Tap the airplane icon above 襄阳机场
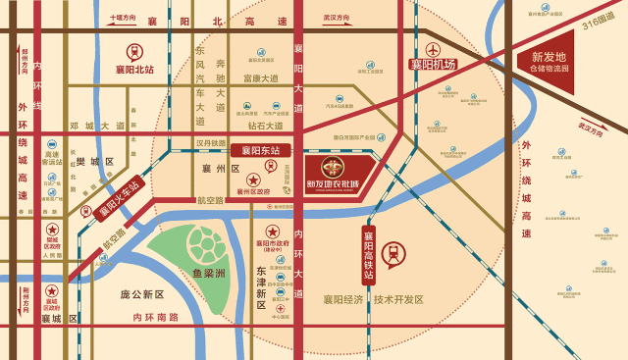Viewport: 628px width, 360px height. tap(433, 48)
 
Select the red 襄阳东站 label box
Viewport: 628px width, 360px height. tap(261, 150)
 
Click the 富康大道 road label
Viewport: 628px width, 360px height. tap(261, 78)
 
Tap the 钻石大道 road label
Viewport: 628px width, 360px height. tap(265, 126)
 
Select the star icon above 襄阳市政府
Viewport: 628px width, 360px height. tap(273, 231)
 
